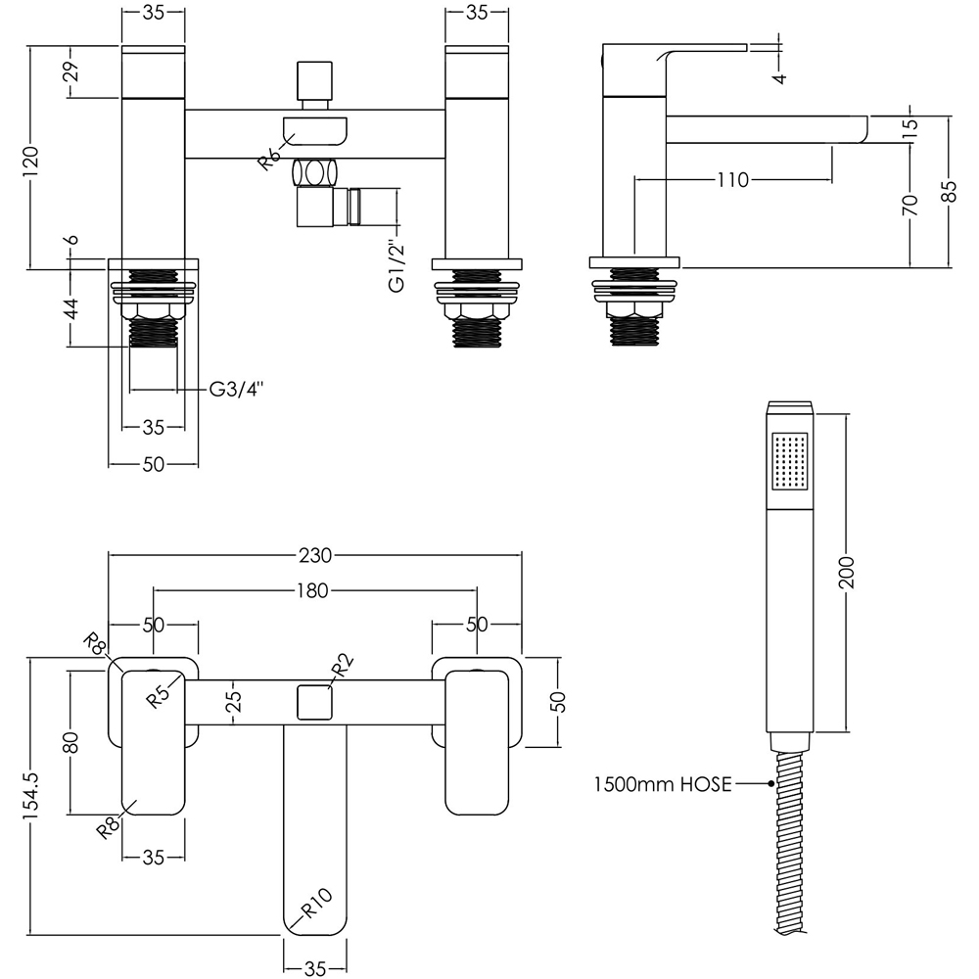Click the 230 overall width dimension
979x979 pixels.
tap(314, 555)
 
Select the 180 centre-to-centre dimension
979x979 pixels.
tap(313, 590)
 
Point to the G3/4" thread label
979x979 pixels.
tap(236, 390)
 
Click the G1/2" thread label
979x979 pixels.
tap(397, 264)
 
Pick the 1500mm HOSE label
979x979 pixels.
tap(663, 783)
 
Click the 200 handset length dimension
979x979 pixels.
tap(846, 572)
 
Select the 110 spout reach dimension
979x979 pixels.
tap(732, 180)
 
